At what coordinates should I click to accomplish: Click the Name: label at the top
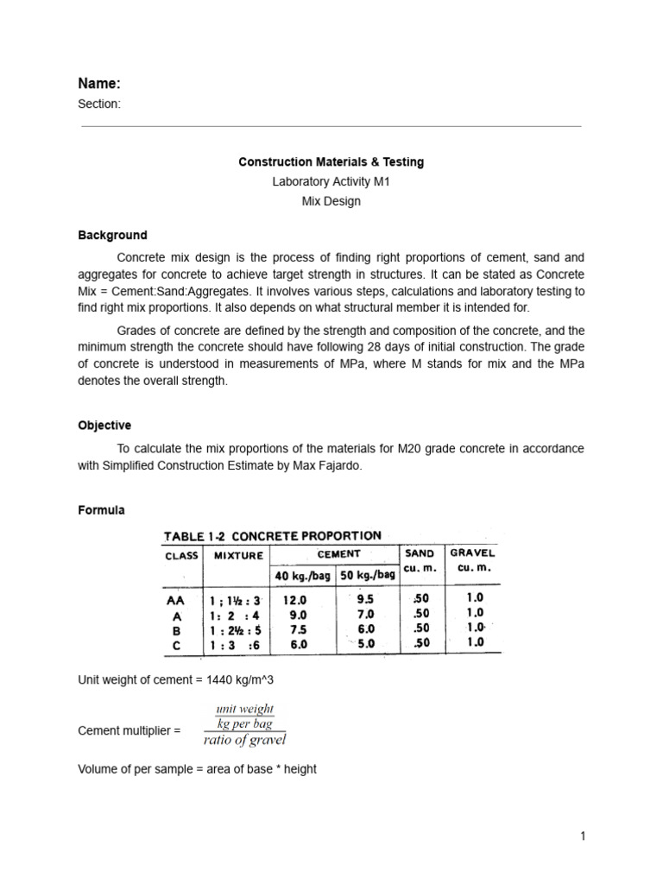pyautogui.click(x=99, y=84)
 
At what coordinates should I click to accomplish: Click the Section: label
pyautogui.click(x=99, y=104)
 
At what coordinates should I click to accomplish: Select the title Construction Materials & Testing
pyautogui.click(x=331, y=162)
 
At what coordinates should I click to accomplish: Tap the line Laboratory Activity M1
pyautogui.click(x=331, y=182)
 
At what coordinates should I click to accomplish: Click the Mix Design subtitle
pyautogui.click(x=331, y=202)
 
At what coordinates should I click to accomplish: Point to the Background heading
pyautogui.click(x=112, y=235)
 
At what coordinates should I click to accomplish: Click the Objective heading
pyautogui.click(x=104, y=426)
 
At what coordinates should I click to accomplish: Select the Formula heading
pyautogui.click(x=101, y=510)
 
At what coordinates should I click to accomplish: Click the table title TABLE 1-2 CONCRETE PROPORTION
pyautogui.click(x=273, y=536)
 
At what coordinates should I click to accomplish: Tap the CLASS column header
pyautogui.click(x=181, y=556)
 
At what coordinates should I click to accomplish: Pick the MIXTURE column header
pyautogui.click(x=237, y=556)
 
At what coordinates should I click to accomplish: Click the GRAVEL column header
pyautogui.click(x=472, y=552)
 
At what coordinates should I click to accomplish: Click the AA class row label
pyautogui.click(x=174, y=598)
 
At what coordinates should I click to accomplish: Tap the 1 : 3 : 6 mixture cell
pyautogui.click(x=237, y=643)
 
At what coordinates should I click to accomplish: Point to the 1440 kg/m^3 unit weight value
pyautogui.click(x=237, y=680)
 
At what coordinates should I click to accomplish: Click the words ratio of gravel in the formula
pyautogui.click(x=244, y=740)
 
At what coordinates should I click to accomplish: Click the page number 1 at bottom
pyautogui.click(x=584, y=836)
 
